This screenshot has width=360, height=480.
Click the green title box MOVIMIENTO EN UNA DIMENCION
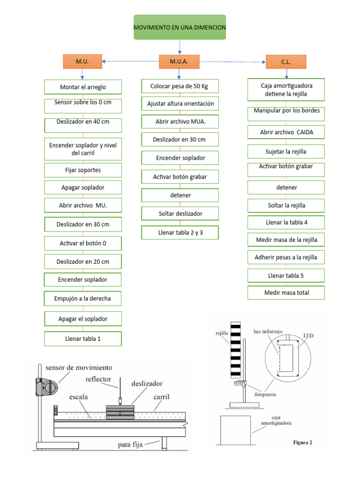180,28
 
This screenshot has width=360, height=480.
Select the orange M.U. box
82,61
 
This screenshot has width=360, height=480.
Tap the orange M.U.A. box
179,61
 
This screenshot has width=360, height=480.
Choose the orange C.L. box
286,62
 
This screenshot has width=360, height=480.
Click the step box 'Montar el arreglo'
83,87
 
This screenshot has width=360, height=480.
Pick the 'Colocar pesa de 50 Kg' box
180,86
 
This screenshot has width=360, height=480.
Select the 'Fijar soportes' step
83,170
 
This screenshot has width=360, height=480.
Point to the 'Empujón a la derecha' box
83,299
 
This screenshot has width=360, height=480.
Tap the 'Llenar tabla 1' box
83,338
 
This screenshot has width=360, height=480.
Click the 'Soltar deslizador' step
180,214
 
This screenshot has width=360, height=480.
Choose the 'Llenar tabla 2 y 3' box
180,232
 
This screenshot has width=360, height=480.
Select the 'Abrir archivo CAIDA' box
286,132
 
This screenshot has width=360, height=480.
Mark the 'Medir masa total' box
286,293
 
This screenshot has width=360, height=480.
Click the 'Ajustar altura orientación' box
180,104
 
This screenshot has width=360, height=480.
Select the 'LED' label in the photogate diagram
308,336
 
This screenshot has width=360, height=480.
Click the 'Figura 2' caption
303,442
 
